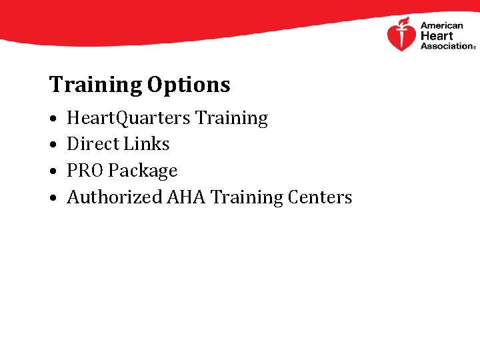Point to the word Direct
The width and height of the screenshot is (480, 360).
click(x=90, y=144)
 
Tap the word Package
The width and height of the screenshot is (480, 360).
click(x=143, y=171)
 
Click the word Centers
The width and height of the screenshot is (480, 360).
click(x=321, y=197)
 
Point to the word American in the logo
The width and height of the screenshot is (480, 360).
click(x=441, y=26)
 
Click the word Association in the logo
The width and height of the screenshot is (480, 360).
click(x=446, y=46)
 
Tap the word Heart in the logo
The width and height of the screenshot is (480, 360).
click(x=436, y=36)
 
